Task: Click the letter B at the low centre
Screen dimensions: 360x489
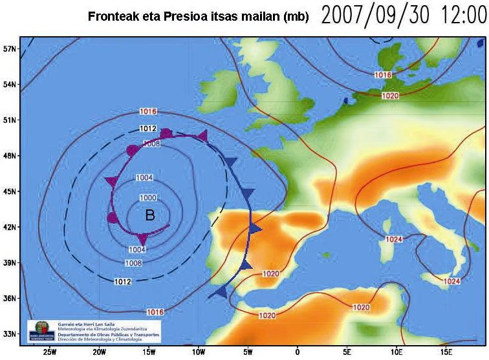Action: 150,215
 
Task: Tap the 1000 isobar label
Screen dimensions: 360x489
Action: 147,198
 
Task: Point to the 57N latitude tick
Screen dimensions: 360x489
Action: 9,48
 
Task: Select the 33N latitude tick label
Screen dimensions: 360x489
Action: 9,334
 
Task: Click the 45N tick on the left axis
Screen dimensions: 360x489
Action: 9,191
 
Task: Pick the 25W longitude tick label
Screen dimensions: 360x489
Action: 49,352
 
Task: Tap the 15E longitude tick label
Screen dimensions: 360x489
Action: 446,352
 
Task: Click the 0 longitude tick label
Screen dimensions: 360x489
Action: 297,352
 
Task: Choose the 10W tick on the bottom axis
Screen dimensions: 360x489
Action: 198,352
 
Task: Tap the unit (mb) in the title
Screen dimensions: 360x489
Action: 294,16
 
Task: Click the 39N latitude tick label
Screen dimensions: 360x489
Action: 9,262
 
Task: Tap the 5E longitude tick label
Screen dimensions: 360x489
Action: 347,352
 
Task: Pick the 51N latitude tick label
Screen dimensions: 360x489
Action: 9,120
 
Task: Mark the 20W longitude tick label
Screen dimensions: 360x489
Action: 99,352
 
